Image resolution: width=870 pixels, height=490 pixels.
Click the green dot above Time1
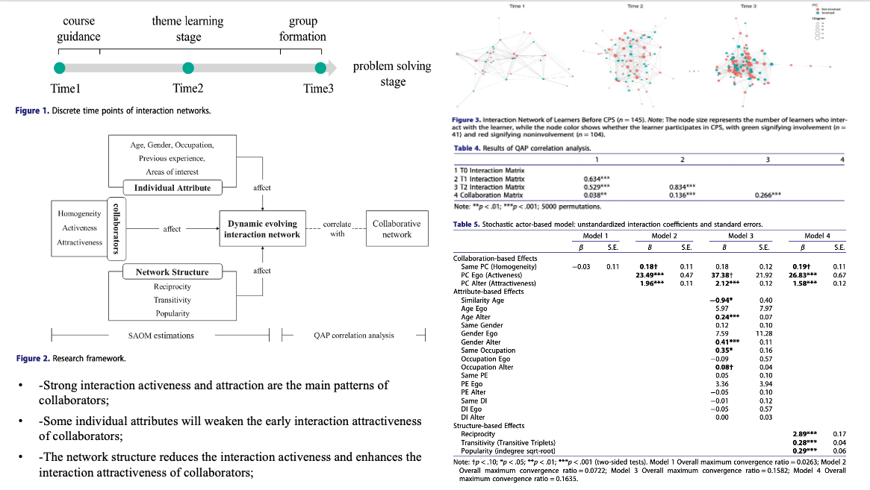point(59,68)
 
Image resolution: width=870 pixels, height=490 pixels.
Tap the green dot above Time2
point(187,68)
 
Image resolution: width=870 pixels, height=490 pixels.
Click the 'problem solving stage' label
point(392,73)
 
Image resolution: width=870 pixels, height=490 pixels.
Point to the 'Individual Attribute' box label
point(173,187)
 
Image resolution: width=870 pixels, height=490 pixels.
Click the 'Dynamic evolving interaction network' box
point(261,229)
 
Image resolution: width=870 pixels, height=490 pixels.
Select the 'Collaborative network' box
point(397,229)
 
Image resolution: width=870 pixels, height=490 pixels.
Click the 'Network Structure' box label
point(173,271)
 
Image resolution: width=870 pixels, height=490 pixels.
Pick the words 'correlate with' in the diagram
point(337,228)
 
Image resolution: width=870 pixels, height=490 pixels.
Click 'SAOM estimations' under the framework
point(161,336)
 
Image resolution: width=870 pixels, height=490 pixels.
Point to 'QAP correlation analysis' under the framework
point(354,336)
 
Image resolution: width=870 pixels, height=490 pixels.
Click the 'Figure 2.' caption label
point(34,359)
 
